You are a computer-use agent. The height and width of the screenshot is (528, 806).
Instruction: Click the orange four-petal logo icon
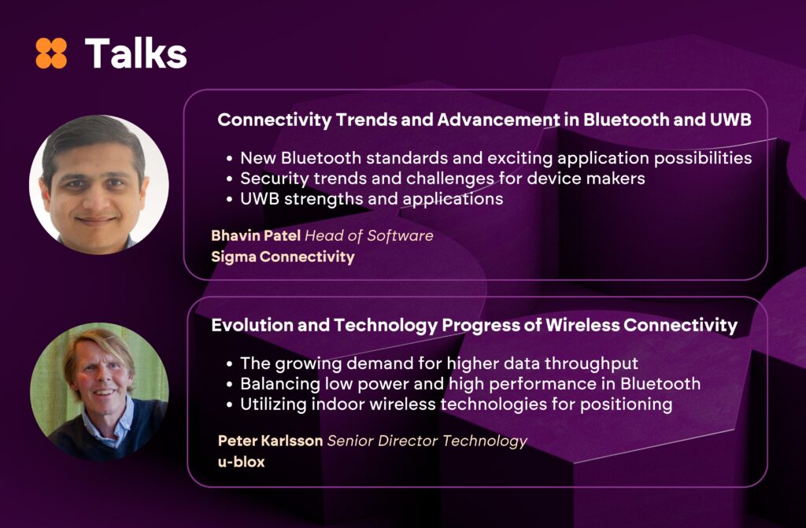tap(51, 53)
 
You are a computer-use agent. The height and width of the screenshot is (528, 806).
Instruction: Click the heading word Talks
tap(135, 53)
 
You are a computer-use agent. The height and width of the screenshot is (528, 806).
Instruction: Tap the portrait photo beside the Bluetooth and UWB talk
tap(99, 185)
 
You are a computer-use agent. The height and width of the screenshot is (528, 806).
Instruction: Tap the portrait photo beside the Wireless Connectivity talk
tap(99, 392)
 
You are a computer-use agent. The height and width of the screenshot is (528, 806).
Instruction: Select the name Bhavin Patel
tap(256, 235)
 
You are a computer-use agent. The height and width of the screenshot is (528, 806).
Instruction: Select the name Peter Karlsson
tap(270, 441)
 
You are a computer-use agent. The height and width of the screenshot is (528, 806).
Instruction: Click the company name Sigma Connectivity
tap(283, 257)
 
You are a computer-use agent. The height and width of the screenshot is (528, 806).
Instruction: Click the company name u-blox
tap(241, 462)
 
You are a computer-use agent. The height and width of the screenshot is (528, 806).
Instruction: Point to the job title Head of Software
tap(369, 235)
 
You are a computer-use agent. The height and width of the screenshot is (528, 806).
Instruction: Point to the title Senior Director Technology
tap(427, 441)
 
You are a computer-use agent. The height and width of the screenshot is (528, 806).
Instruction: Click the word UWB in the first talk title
tap(730, 120)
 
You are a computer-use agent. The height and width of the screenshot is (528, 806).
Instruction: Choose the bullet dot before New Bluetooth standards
tap(229, 158)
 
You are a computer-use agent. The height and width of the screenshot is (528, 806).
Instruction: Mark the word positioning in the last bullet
tap(626, 404)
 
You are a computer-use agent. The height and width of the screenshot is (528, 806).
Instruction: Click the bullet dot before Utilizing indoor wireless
tap(229, 404)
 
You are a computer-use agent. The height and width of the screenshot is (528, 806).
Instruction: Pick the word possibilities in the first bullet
tap(703, 158)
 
